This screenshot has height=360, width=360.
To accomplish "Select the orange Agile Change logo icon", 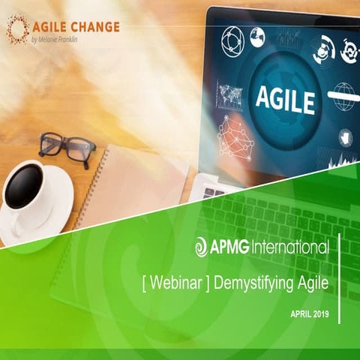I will pos(18,28).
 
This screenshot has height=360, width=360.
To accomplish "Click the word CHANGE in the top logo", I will pos(95,26).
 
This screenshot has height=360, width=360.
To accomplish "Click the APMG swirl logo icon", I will pos(202,247).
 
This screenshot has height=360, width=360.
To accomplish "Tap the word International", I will pos(291,247).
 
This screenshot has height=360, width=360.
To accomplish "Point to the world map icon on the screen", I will pos(229,96).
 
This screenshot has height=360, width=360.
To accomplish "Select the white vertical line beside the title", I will pos(340,277).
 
